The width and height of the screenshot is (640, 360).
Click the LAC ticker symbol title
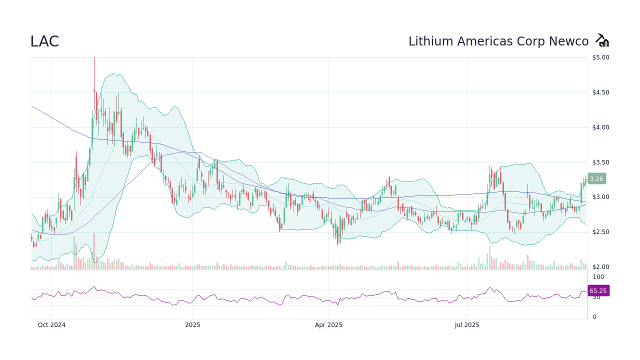point(44,41)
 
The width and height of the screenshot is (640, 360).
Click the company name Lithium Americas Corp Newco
point(498,41)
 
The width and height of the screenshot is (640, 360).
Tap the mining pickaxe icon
point(602,40)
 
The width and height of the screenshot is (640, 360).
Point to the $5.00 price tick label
point(600,57)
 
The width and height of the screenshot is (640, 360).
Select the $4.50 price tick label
point(600,92)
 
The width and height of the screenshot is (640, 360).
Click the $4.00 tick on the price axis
point(600,127)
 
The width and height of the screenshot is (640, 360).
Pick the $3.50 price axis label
point(600,162)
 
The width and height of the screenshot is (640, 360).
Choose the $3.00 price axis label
point(600,197)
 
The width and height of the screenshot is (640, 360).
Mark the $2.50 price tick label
point(600,232)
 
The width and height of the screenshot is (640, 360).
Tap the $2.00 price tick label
point(600,267)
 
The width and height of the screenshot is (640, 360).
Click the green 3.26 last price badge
point(596,178)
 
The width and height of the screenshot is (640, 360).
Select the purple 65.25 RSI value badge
point(598,290)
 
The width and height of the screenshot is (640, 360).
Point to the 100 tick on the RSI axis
point(598,277)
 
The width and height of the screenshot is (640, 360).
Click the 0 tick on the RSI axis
point(594,317)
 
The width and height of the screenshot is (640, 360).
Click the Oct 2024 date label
point(51,325)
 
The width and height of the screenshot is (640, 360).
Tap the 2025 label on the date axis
point(192,325)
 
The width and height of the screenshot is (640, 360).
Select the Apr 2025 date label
point(328,325)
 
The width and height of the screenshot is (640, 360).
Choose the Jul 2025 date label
point(467,325)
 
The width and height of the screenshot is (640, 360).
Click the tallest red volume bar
point(94,252)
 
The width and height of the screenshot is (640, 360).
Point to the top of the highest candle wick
point(94,58)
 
